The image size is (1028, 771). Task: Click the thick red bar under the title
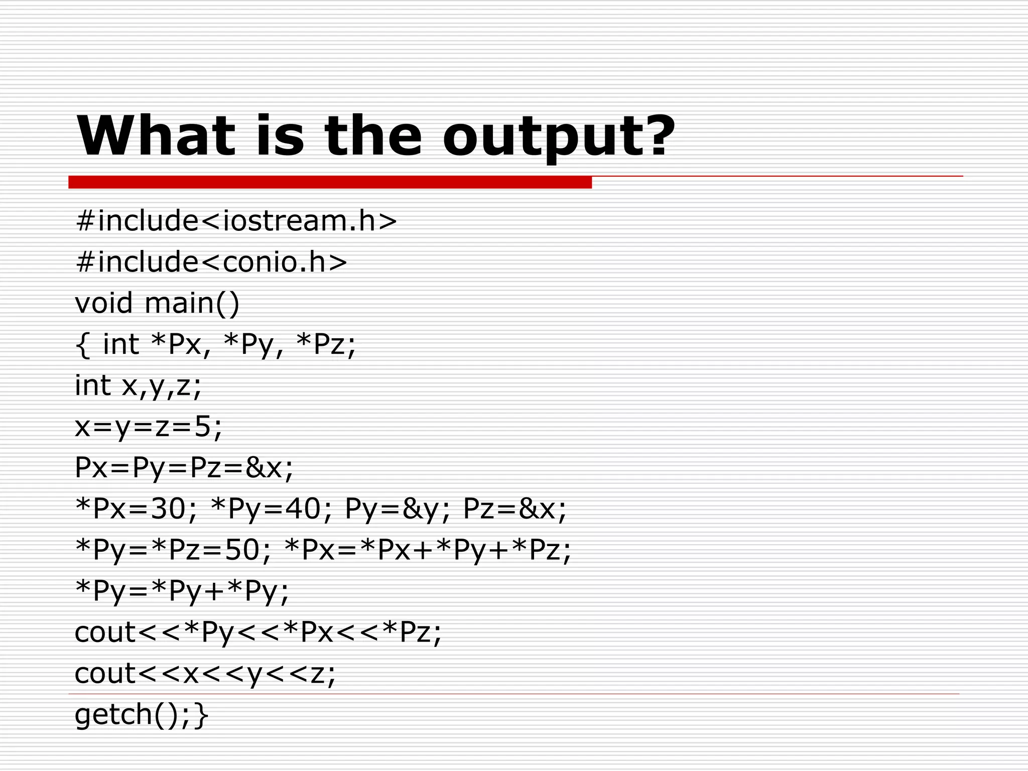[x=330, y=182]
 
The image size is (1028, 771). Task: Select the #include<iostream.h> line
[x=236, y=221]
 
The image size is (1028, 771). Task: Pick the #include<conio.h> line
[x=211, y=262]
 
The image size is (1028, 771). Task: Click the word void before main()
[x=104, y=303]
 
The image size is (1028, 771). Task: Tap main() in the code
[x=192, y=303]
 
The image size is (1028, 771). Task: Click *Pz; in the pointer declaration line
[x=326, y=344]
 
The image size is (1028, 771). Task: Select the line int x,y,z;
[x=138, y=386]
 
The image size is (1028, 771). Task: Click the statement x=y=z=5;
[x=148, y=427]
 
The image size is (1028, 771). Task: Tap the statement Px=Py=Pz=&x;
[x=184, y=468]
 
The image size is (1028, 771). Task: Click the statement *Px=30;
[x=136, y=509]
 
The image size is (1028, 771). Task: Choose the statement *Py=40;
[x=272, y=509]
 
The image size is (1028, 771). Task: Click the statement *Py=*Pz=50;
[x=174, y=550]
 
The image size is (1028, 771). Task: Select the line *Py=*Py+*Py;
[x=182, y=591]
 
